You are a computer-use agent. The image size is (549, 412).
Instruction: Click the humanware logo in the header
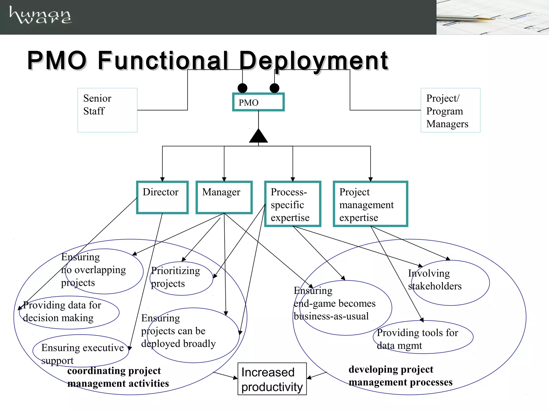(x=40, y=15)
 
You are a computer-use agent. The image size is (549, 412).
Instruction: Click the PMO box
(x=258, y=102)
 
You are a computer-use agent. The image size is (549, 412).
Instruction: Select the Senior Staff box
(x=107, y=110)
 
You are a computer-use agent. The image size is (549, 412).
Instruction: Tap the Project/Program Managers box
(x=450, y=110)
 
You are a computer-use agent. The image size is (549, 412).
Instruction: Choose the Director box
(x=162, y=197)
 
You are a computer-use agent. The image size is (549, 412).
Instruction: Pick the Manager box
(x=224, y=197)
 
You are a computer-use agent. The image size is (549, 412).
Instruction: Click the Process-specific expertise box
(x=292, y=204)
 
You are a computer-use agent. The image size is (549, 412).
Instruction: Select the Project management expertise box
(x=370, y=204)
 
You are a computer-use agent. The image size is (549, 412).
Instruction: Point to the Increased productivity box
(x=272, y=379)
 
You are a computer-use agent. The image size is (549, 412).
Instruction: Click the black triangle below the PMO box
(x=258, y=136)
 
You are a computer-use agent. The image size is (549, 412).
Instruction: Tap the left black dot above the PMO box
(x=242, y=88)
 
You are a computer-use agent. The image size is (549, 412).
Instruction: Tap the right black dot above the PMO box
(x=274, y=88)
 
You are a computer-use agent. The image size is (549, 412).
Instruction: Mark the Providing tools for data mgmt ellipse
(x=423, y=337)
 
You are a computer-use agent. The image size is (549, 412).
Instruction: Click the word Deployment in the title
(x=313, y=61)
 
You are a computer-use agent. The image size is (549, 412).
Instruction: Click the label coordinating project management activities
(x=118, y=377)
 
